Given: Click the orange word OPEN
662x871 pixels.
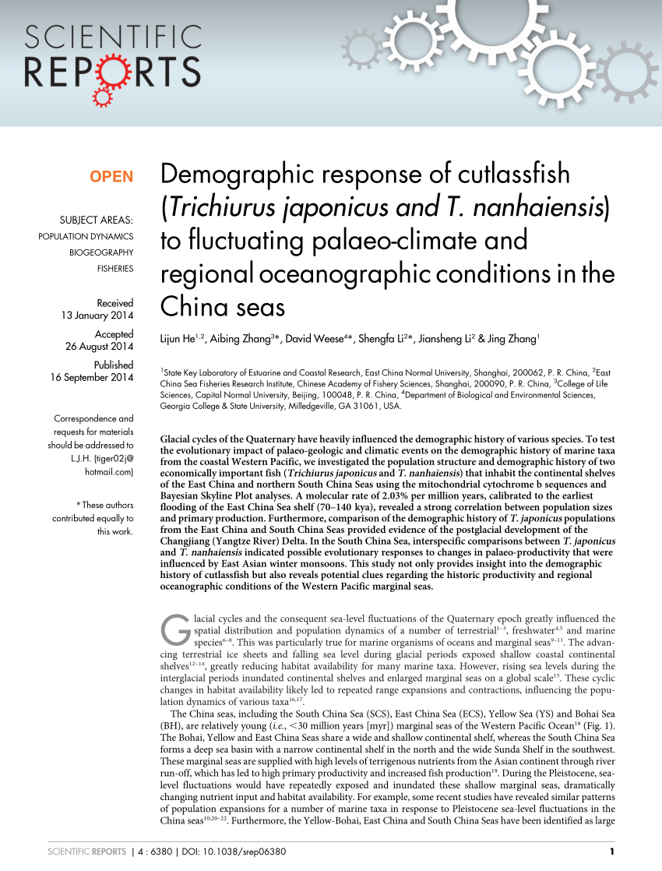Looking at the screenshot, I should coord(111,177).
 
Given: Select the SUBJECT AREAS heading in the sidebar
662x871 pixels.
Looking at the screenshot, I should coord(96,220).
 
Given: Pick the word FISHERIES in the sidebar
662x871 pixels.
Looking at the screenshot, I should coord(114,269).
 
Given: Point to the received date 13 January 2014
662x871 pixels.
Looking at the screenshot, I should coord(97,316).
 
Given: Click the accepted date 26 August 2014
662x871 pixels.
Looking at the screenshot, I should coord(100,347).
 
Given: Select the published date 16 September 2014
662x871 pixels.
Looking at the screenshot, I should coord(92,378).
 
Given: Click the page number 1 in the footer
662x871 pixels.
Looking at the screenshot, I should coord(614,851).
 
